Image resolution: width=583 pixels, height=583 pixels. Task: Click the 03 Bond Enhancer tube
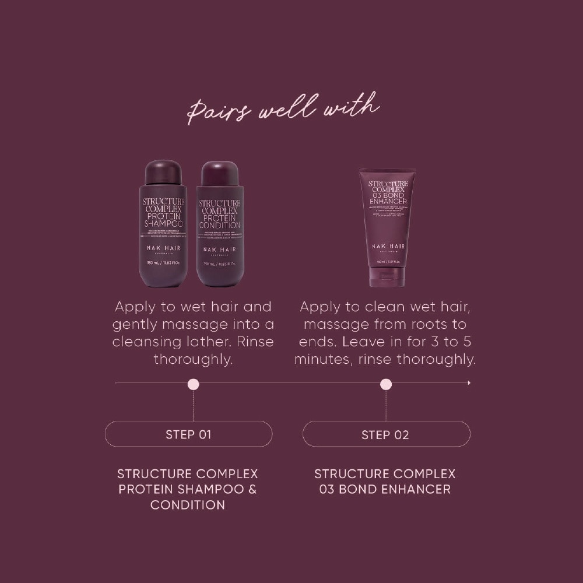coord(387,222)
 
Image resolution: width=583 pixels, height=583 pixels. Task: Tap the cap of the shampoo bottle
coord(163,173)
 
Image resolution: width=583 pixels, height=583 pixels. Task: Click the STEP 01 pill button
coord(188,434)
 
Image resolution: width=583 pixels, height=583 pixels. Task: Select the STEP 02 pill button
coord(386,434)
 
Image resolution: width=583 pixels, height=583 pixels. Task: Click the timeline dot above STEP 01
coord(194,384)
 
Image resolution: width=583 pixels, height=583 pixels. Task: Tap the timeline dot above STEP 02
coord(386,384)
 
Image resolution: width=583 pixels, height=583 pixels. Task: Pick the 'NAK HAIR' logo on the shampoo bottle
coord(163,248)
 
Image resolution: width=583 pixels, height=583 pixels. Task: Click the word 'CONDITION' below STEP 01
coord(188,505)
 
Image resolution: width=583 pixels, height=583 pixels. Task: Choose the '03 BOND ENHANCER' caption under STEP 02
coord(385,489)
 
